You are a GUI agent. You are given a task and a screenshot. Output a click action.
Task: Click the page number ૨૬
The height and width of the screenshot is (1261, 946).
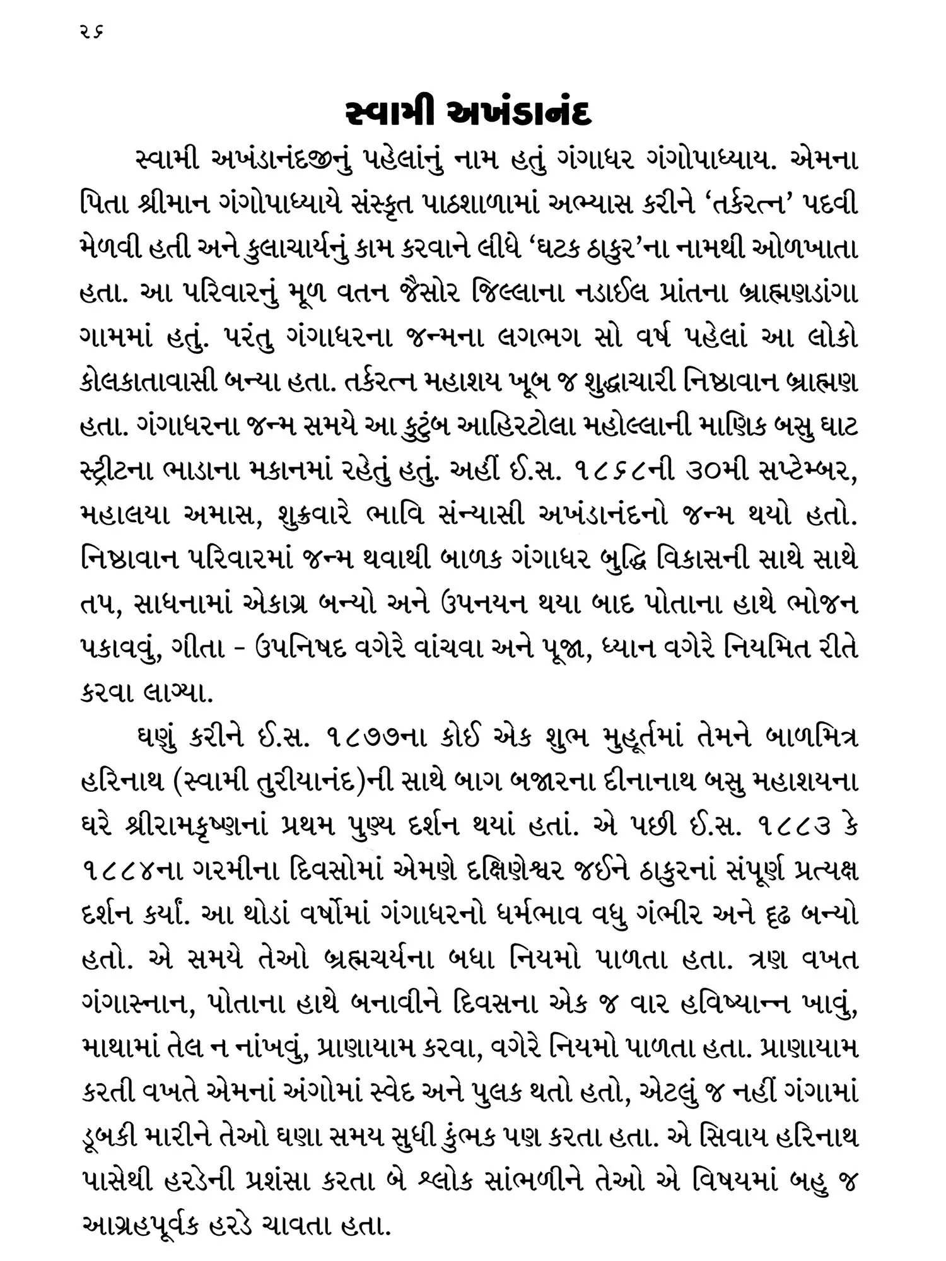click(x=91, y=30)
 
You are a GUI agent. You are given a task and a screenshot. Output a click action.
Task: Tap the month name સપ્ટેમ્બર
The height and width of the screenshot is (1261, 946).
click(x=800, y=472)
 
